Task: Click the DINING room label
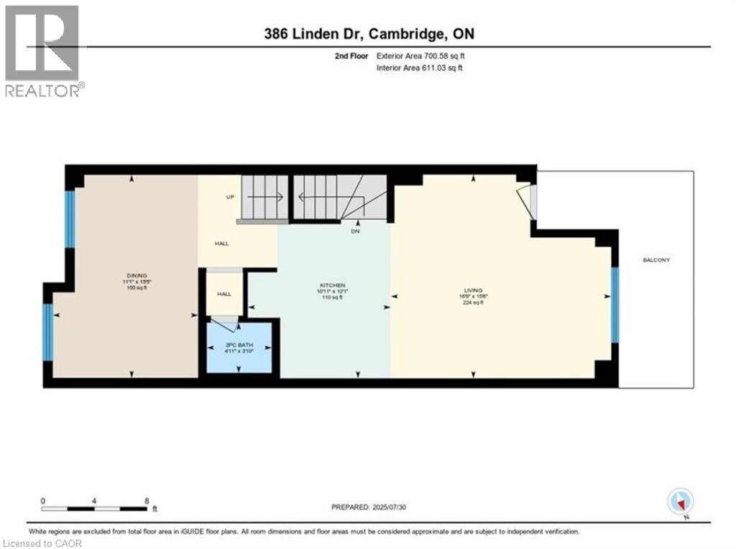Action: [x=137, y=275]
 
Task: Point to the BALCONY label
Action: [x=655, y=259]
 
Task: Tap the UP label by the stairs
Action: [x=231, y=197]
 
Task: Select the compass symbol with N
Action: [x=680, y=501]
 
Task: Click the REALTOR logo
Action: [x=42, y=50]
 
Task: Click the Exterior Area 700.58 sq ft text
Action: [x=425, y=55]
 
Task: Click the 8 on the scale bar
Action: [x=147, y=501]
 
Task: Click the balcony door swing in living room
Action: [x=528, y=202]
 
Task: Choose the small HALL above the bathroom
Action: [x=224, y=294]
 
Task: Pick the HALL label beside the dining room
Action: [x=222, y=244]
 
